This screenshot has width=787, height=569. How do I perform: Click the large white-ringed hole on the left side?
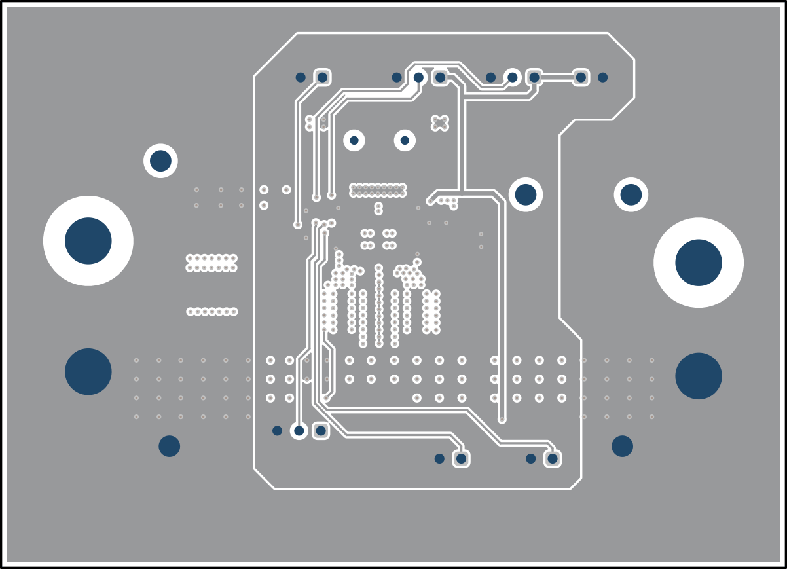88,241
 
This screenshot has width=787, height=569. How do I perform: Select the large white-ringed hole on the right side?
699,263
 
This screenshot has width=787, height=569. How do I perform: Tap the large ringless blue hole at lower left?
88,372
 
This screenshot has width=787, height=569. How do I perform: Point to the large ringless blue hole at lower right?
699,376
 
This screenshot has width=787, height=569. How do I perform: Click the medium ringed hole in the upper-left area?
160,160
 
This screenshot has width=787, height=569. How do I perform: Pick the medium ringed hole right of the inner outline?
631,194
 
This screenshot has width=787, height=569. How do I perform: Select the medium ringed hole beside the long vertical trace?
525,194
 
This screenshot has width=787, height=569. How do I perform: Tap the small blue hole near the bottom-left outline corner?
169,446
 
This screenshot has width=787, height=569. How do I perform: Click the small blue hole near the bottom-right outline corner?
622,446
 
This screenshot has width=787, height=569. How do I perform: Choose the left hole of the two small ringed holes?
354,140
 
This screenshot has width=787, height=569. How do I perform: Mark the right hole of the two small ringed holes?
405,140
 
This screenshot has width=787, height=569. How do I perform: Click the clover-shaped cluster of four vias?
440,122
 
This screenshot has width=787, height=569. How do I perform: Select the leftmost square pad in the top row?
322,77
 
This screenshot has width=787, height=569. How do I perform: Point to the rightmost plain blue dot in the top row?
602,77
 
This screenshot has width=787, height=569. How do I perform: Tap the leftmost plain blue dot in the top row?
301,77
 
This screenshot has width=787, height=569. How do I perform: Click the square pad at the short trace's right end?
581,77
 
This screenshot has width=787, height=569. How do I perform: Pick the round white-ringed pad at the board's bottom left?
299,430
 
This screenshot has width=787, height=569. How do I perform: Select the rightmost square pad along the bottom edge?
553,458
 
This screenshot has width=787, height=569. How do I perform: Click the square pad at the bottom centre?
462,458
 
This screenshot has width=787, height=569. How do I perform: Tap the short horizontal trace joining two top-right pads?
558,77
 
